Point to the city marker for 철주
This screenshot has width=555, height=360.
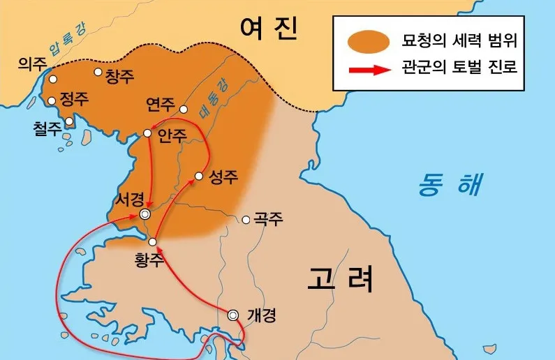pos(69,121)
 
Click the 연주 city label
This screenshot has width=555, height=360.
pos(161,105)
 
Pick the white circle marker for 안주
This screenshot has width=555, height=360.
pos(148,133)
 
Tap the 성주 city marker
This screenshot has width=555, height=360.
pos(199,176)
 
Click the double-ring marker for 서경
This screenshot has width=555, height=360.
pos(145,214)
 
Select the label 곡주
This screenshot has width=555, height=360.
pos(269,219)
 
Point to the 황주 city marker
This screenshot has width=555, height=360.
pos(153,242)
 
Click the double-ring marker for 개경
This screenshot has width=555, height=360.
pos(234,315)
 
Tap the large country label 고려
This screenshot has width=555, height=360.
pos(340,279)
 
